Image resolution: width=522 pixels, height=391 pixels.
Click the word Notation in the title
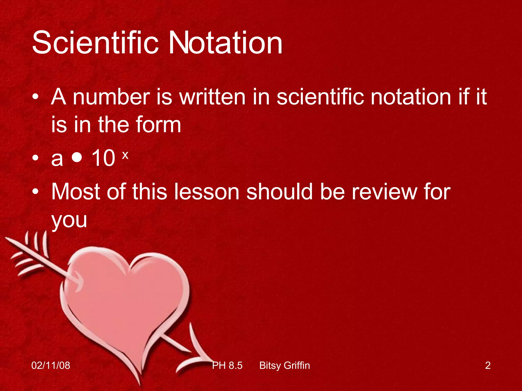pos(225,43)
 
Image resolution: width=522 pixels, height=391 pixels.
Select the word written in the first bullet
pos(212,97)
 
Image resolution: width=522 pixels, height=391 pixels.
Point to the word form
pos(158,125)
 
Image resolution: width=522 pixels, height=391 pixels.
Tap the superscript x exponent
pos(125,155)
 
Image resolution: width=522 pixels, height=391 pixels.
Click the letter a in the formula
pos(57,159)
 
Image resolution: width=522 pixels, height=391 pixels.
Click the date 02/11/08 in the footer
pos(51,366)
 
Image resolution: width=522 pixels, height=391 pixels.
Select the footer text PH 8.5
pos(227,366)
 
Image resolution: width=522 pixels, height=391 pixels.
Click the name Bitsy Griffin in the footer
pos(284,366)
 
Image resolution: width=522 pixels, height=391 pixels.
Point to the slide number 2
pos(488,366)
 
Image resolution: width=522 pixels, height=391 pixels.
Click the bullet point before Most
pos(35,191)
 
